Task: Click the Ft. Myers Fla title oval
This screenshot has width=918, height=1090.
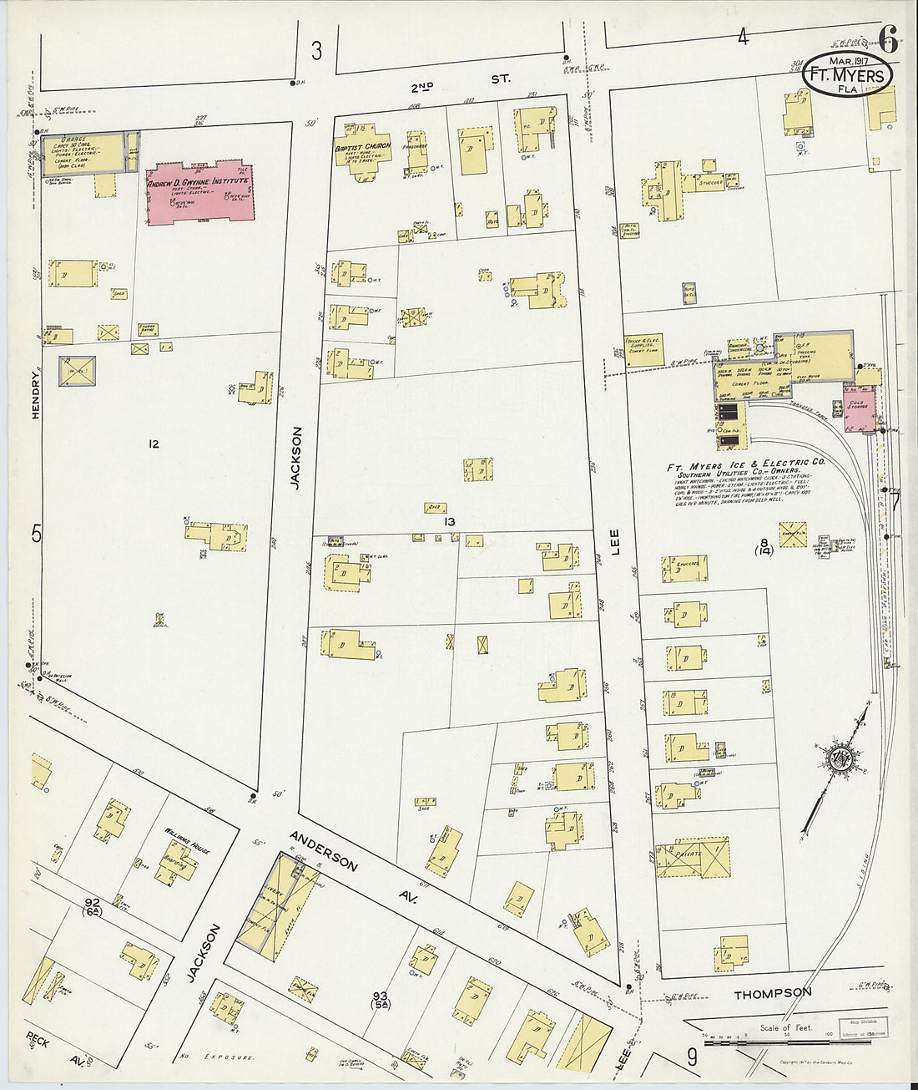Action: [847, 74]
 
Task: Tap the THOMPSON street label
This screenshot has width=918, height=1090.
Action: [771, 992]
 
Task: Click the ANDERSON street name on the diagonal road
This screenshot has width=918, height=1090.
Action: [323, 850]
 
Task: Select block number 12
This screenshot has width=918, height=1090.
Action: [153, 444]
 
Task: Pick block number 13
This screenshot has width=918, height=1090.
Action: [449, 521]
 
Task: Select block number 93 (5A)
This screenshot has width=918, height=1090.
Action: [381, 1000]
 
